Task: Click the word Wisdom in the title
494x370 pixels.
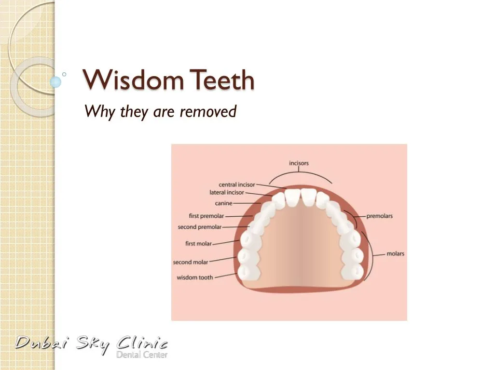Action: click(133, 80)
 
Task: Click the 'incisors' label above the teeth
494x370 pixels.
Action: click(299, 163)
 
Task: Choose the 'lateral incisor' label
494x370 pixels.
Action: click(226, 193)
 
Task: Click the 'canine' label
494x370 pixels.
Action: click(223, 204)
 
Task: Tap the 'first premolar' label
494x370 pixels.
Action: click(206, 216)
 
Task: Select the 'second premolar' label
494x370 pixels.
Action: click(199, 227)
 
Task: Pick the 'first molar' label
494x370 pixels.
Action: click(198, 244)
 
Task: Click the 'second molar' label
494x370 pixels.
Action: click(191, 263)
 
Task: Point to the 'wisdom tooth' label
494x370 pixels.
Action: click(194, 277)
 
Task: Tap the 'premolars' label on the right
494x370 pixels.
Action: click(379, 216)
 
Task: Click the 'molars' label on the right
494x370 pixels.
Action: click(395, 254)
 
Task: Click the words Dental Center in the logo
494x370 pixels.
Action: click(142, 355)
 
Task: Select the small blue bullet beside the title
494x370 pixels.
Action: click(56, 82)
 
